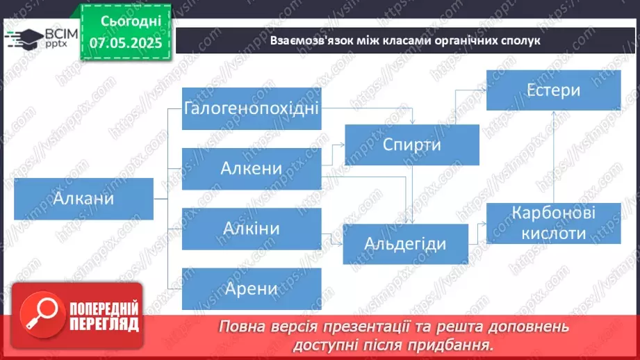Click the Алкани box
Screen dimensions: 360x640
[83, 199]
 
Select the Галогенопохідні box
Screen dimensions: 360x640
[252, 108]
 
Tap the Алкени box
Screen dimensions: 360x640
[252, 168]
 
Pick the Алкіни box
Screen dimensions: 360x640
[252, 228]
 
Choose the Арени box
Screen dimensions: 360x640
[252, 288]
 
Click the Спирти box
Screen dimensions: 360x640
[412, 145]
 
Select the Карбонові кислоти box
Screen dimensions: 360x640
[553, 223]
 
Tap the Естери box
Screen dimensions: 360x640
[553, 90]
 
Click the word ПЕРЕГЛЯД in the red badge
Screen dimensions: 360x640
[104, 324]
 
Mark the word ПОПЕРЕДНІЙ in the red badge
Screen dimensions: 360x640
[104, 309]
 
